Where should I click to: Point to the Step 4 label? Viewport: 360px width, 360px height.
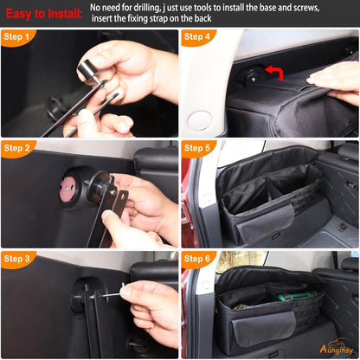click(x=198, y=37)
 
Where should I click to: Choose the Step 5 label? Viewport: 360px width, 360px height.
click(x=198, y=148)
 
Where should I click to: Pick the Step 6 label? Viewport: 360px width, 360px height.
click(x=198, y=259)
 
